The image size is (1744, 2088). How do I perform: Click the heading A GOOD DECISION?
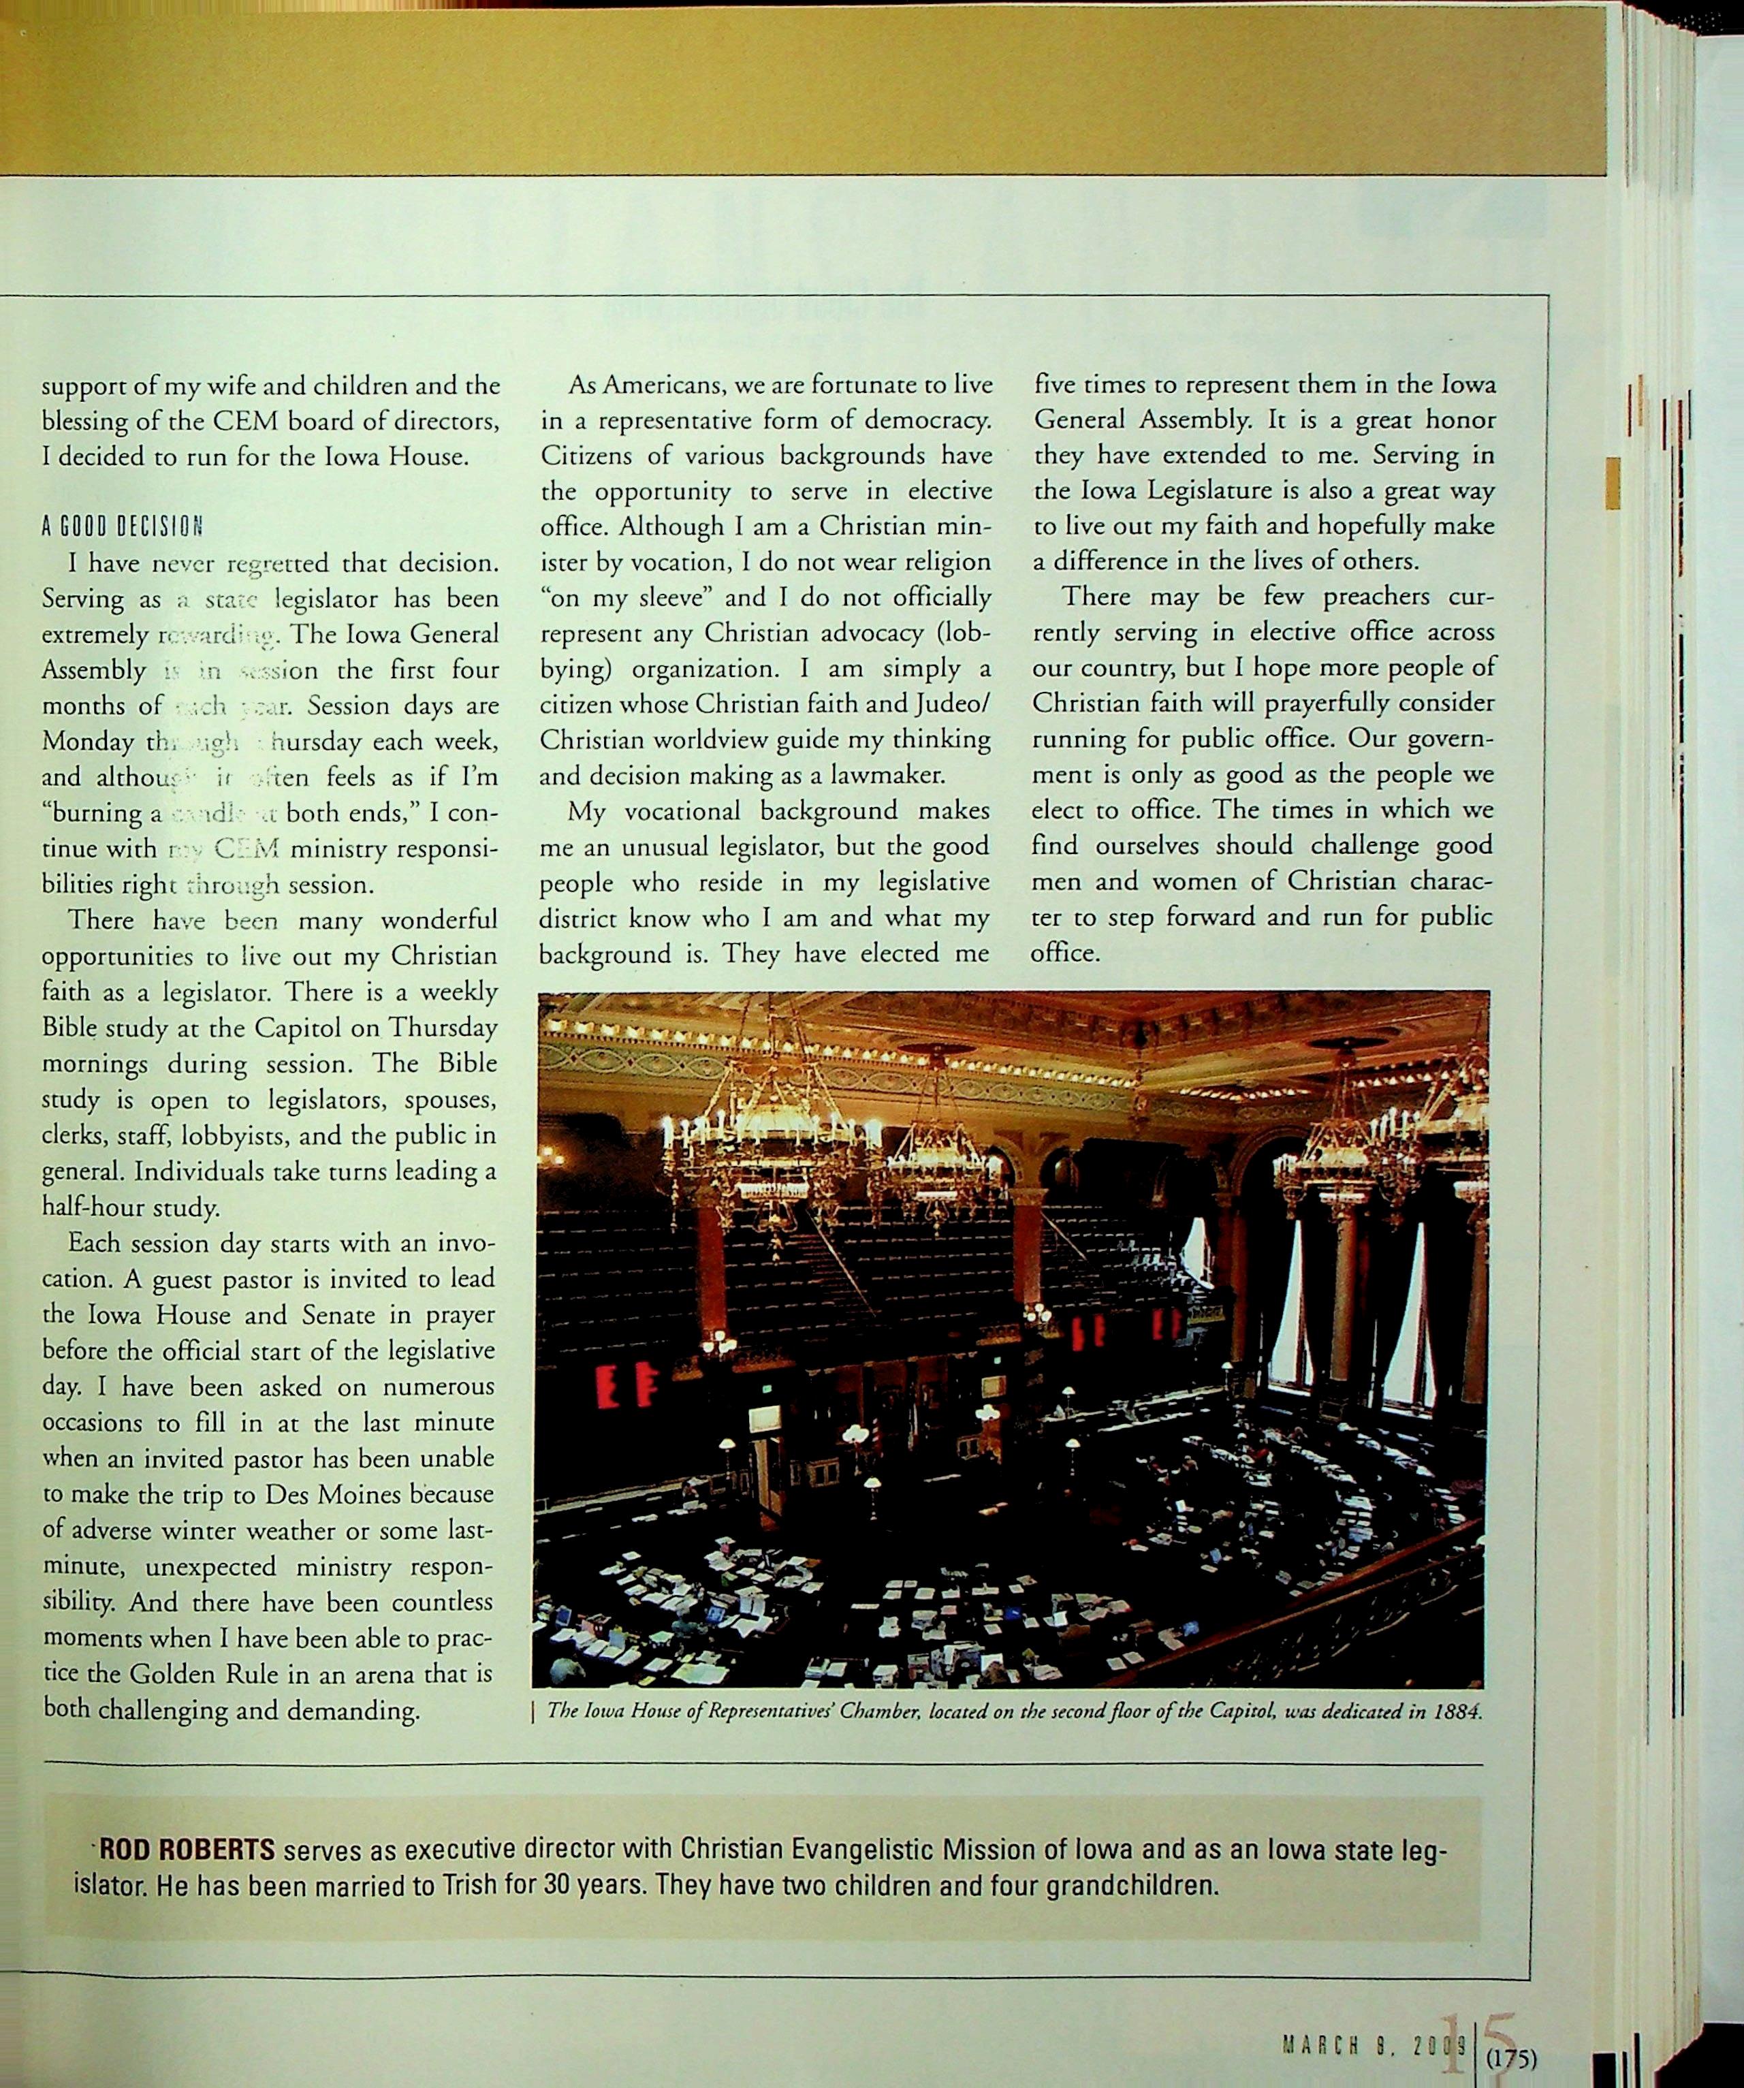[x=123, y=526]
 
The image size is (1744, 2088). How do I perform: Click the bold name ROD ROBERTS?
[x=187, y=1850]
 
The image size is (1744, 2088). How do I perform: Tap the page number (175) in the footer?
[x=1511, y=2057]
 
